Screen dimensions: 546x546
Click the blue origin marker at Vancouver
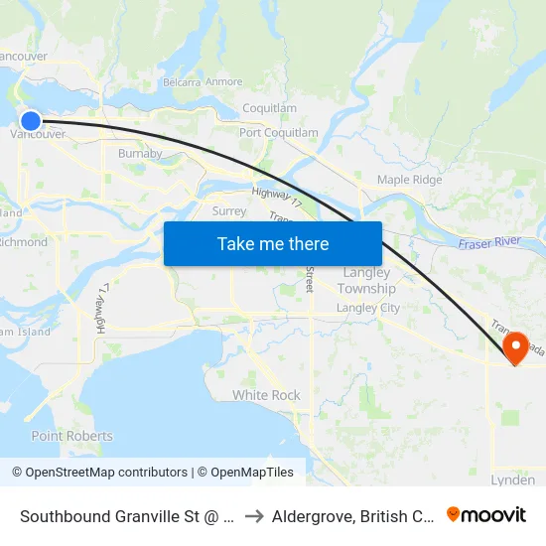[x=31, y=121]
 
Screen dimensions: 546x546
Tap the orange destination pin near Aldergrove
[x=516, y=346]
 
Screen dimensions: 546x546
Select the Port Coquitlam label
[x=279, y=132]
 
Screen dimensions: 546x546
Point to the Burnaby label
[x=140, y=154]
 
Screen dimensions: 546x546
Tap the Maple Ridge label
[x=409, y=180]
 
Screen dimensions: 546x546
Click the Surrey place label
[x=229, y=210]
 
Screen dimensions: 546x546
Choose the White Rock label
[x=266, y=395]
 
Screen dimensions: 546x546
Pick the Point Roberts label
[x=71, y=436]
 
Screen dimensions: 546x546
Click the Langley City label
[x=367, y=308]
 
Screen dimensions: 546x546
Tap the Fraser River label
[x=490, y=242]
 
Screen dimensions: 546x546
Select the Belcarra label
[x=182, y=81]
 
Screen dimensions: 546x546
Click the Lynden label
[x=512, y=479]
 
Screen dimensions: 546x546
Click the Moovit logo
[x=486, y=514]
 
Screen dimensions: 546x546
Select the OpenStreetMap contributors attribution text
[x=99, y=473]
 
